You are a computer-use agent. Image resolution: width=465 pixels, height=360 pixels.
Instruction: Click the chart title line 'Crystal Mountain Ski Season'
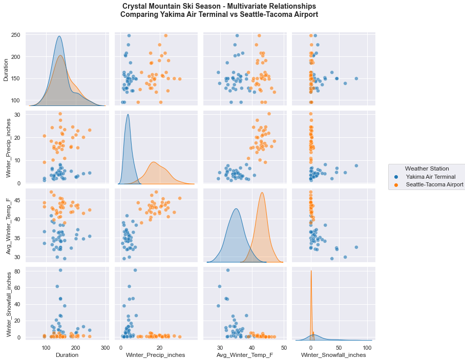219,6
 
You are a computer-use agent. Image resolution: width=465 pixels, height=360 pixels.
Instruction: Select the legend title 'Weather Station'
427,168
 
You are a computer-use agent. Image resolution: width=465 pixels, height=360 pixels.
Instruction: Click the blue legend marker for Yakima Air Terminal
396,177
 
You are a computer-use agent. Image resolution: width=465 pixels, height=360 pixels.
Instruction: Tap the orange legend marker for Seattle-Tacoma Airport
396,184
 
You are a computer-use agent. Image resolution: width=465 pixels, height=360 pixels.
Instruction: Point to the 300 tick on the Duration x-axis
105,347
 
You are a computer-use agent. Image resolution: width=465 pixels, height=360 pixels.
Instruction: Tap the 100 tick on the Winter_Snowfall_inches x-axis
367,347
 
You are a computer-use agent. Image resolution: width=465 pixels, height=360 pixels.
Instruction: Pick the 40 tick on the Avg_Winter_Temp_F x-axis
251,347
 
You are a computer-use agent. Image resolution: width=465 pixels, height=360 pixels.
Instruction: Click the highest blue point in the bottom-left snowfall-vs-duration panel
60,270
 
